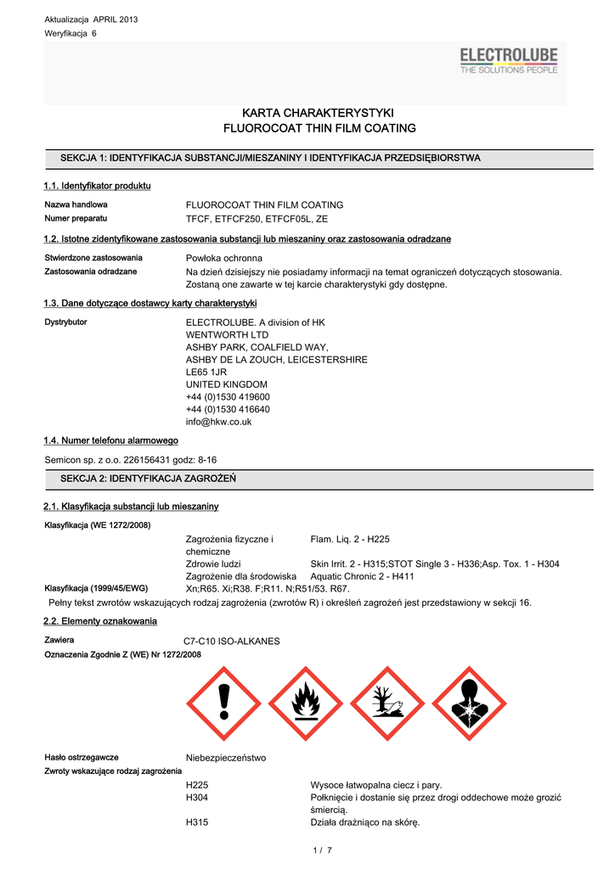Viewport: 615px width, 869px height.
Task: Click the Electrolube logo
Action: pyautogui.click(x=509, y=61)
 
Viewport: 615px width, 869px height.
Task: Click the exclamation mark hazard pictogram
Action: pyautogui.click(x=223, y=702)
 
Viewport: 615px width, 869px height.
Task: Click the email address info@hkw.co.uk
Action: pyautogui.click(x=218, y=422)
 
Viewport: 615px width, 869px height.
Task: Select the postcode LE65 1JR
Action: pyautogui.click(x=206, y=373)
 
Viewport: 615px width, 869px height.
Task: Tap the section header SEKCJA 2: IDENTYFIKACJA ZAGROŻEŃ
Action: pyautogui.click(x=148, y=479)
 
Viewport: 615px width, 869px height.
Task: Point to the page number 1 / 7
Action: pyautogui.click(x=322, y=849)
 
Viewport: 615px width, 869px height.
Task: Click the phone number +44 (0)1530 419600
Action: pyautogui.click(x=228, y=397)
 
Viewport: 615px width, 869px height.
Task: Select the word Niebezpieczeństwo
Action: pyautogui.click(x=226, y=758)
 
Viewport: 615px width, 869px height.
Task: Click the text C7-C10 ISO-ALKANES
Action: pyautogui.click(x=232, y=641)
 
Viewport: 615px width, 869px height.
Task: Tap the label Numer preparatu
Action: pyautogui.click(x=76, y=218)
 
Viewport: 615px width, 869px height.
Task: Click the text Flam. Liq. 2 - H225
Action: pyautogui.click(x=350, y=539)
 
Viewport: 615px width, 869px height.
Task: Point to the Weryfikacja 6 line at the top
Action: pyautogui.click(x=71, y=32)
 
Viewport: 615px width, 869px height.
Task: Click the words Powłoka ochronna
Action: pyautogui.click(x=224, y=258)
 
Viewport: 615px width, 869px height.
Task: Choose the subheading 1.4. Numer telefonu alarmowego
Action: pyautogui.click(x=110, y=440)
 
